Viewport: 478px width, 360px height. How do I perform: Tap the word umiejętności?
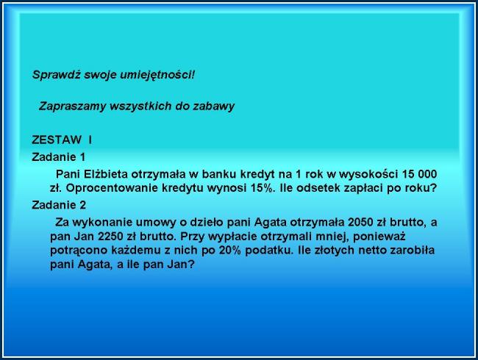(157, 75)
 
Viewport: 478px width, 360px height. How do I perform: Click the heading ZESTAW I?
(62, 140)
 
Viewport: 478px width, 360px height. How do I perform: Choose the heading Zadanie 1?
(58, 157)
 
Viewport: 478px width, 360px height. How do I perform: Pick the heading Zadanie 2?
(59, 205)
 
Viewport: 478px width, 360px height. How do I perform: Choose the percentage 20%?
(230, 251)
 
